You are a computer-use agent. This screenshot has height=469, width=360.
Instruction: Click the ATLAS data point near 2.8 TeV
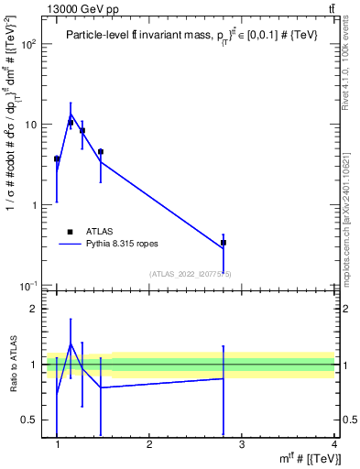click(224, 243)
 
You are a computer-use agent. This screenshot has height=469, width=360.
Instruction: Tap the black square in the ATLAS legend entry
click(70, 232)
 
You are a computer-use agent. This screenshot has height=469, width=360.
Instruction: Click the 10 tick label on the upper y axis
click(30, 125)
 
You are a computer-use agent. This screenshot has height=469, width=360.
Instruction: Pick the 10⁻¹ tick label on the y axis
click(28, 285)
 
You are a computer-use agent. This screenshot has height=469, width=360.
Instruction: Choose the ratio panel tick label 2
click(32, 309)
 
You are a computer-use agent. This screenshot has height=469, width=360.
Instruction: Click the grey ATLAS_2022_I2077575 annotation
click(191, 274)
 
